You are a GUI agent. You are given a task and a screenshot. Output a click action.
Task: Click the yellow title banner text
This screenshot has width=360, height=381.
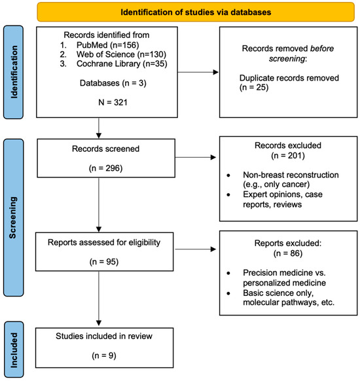point(196,12)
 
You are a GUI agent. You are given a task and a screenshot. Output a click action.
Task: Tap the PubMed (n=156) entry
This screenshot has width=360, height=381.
point(107,45)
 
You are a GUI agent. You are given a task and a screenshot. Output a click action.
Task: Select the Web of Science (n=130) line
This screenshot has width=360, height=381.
point(121,54)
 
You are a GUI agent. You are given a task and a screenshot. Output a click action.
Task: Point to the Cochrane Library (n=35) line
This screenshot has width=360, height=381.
point(122,64)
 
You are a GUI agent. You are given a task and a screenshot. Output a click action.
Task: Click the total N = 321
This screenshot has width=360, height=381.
point(113,102)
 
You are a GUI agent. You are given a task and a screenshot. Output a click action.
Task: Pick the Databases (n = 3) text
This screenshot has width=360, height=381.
point(113,83)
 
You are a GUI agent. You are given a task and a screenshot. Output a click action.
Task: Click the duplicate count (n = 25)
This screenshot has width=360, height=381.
point(254,88)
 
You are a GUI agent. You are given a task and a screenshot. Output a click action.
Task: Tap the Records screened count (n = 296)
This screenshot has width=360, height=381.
point(105,168)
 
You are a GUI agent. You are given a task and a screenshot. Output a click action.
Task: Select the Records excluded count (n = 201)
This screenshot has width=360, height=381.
point(288,156)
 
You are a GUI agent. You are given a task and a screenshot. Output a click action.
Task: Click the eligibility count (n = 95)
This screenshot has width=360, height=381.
point(104,262)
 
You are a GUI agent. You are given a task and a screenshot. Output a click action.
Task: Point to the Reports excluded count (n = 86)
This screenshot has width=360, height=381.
point(288,253)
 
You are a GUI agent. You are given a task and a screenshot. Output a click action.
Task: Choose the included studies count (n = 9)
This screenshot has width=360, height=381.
point(104,355)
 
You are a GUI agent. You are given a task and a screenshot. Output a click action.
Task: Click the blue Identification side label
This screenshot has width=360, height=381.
point(14,72)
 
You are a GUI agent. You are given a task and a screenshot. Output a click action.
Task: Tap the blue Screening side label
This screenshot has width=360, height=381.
point(14,217)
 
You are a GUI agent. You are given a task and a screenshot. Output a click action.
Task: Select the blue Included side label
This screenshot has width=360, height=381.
point(14,350)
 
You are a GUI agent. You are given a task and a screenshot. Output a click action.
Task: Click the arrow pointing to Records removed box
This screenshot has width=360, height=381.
point(198,72)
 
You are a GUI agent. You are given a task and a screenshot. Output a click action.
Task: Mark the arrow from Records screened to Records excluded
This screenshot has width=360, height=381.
point(196,158)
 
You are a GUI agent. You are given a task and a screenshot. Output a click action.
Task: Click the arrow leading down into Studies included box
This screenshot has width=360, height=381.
point(99,299)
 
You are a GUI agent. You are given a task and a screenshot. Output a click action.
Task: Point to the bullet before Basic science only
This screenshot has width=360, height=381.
point(228,293)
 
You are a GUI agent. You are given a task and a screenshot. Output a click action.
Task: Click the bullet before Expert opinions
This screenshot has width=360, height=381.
point(228,194)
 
